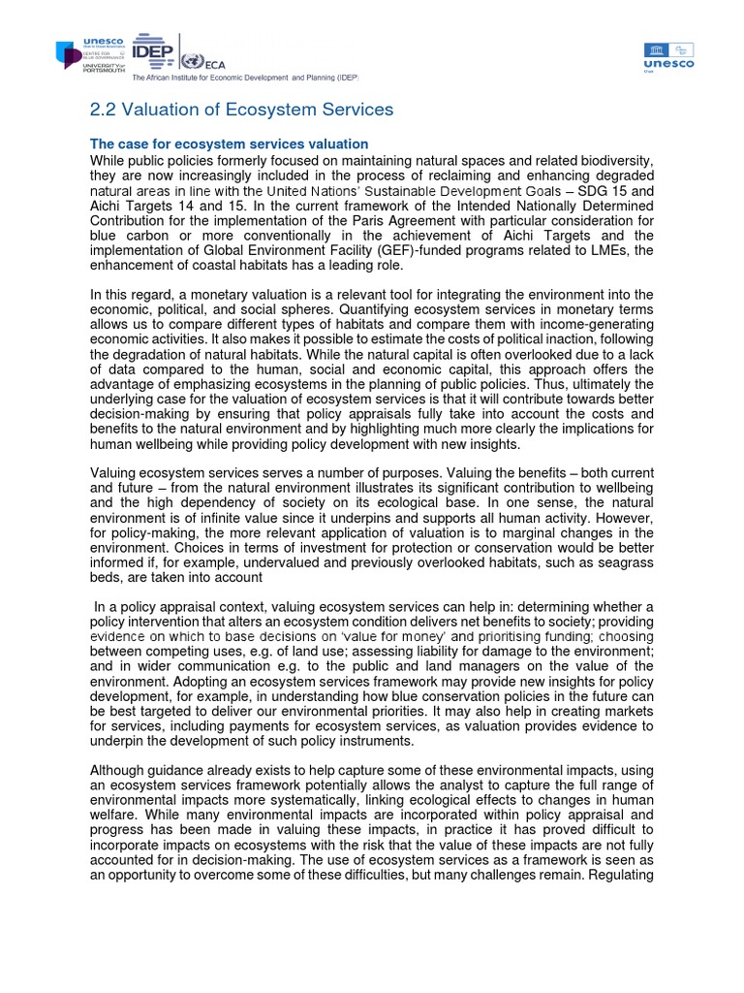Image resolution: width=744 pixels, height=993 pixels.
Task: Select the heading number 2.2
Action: click(x=105, y=111)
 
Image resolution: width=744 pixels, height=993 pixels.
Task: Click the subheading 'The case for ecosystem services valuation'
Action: click(x=230, y=144)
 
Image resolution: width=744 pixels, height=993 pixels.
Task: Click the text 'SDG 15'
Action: click(x=604, y=190)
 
